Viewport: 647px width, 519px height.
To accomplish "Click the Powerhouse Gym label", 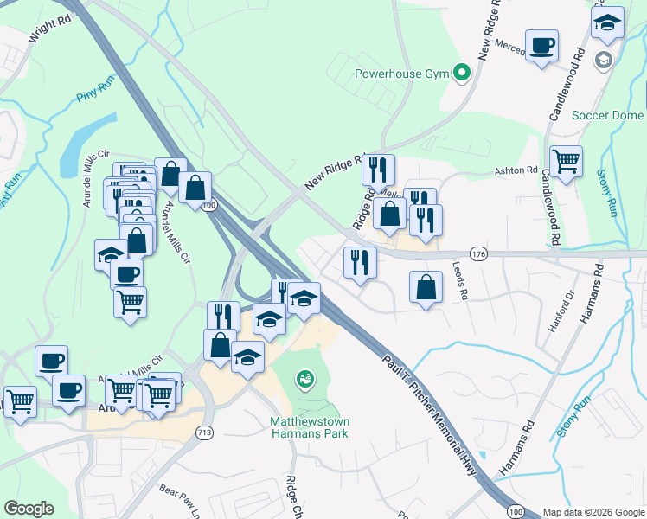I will (x=401, y=74).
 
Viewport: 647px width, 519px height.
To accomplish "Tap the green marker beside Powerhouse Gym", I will (x=461, y=73).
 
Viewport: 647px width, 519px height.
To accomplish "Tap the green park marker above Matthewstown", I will (x=304, y=378).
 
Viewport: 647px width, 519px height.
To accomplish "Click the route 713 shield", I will (x=204, y=432).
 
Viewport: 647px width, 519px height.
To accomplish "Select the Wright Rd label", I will (x=49, y=30).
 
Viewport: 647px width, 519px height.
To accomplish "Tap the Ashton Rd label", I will (x=516, y=171).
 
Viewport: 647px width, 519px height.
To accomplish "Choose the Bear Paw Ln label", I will (x=181, y=499).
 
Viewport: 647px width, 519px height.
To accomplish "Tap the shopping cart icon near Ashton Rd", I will (x=566, y=161).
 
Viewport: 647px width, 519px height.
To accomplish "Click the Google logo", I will (x=29, y=509).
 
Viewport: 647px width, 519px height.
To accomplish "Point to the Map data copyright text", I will (x=593, y=512).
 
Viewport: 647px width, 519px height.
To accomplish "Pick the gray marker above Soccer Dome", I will (x=603, y=60).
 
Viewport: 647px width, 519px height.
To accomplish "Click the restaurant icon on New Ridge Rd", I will (x=378, y=170).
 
